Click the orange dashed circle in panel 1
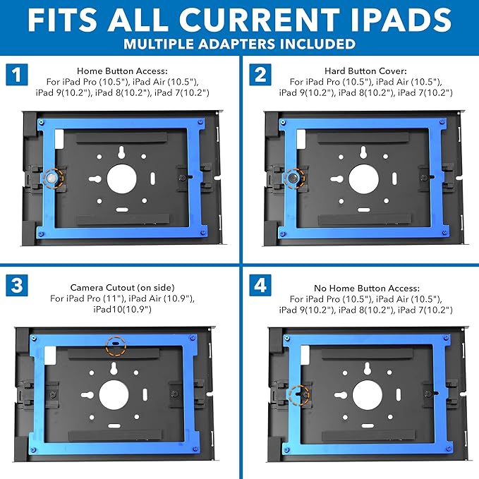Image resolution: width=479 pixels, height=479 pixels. tap(52, 178)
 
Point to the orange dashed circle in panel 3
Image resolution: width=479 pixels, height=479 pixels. tap(115, 346)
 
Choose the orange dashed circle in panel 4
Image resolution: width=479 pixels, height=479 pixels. tap(299, 393)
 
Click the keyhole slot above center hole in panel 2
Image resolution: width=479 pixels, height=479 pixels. tap(363, 153)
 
